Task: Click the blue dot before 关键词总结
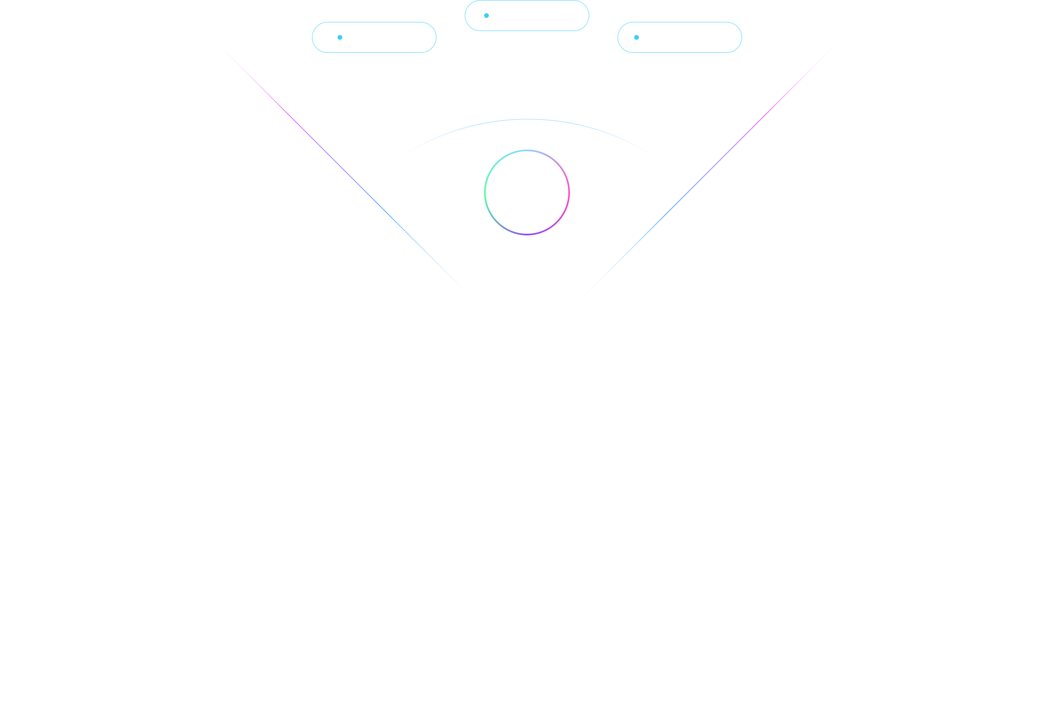click(x=340, y=37)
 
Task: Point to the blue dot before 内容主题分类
click(x=486, y=16)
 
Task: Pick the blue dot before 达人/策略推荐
click(x=636, y=37)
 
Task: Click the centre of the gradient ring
click(x=527, y=192)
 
